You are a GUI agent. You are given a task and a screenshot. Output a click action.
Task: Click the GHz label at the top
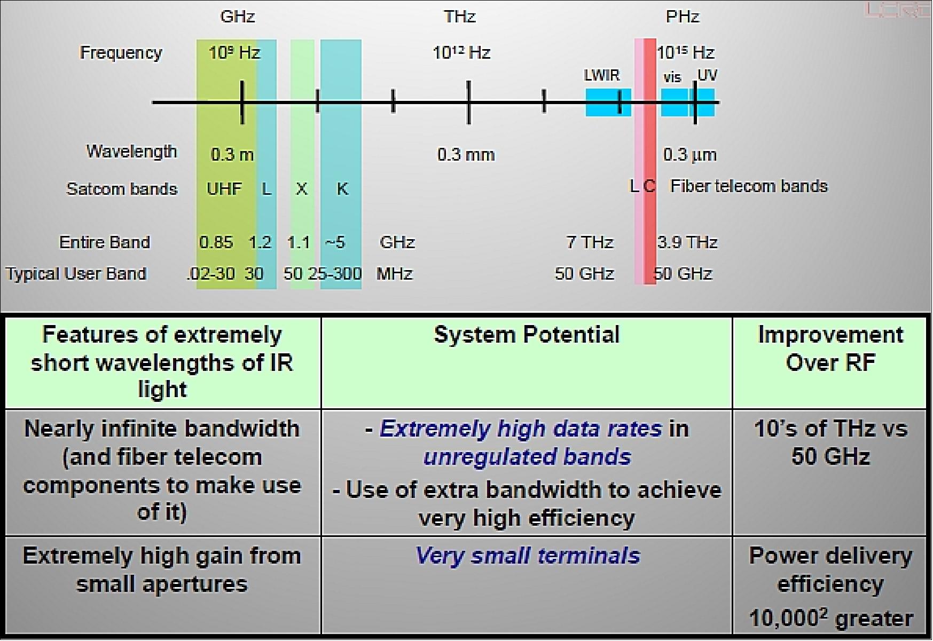tap(238, 17)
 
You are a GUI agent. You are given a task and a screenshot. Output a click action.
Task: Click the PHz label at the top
tap(682, 17)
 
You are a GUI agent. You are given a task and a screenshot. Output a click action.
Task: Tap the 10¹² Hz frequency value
tap(461, 52)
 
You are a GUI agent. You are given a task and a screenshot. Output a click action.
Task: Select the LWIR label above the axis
tap(601, 75)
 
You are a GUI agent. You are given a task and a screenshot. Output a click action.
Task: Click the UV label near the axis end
tap(707, 75)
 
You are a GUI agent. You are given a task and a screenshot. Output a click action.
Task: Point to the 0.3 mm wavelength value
tap(466, 155)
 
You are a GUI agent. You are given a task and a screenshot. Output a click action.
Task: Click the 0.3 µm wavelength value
tap(689, 155)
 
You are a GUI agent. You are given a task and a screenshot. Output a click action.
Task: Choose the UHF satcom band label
tap(224, 189)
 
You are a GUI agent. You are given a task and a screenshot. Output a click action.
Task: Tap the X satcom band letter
tap(302, 189)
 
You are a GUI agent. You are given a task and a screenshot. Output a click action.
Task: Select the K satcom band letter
tap(342, 189)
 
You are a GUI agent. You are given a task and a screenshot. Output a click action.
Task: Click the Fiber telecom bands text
tap(749, 186)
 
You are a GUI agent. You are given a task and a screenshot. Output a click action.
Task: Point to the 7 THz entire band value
tap(590, 242)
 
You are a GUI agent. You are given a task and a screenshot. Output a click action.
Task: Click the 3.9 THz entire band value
tap(687, 242)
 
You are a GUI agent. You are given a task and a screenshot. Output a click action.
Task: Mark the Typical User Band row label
tap(76, 274)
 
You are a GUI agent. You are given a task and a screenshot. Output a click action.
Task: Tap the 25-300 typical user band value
tap(335, 274)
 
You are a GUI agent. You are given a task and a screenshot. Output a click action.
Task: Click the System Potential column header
tap(527, 335)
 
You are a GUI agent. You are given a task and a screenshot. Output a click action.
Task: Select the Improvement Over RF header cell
tap(830, 349)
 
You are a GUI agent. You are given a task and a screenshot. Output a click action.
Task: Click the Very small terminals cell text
tap(527, 556)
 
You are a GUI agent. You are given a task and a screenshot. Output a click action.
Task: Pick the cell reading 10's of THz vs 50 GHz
tap(830, 442)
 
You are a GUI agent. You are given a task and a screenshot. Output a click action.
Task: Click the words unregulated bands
tap(527, 457)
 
